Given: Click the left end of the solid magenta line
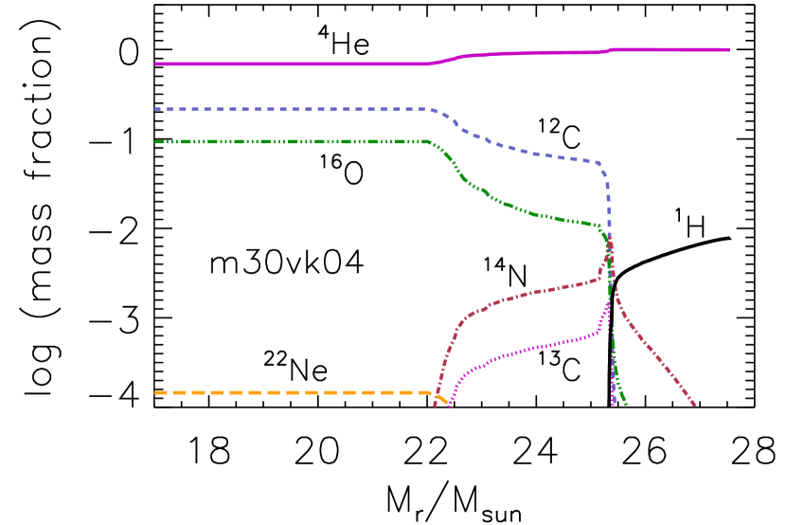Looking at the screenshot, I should (x=155, y=63).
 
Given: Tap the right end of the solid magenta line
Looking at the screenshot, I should (x=728, y=49).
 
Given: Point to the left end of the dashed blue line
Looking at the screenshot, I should (x=155, y=109).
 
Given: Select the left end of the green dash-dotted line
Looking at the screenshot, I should (x=155, y=141).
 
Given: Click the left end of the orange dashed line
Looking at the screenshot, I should (x=155, y=392).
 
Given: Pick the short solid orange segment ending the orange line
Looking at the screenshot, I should (x=441, y=398).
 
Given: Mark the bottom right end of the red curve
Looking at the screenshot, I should (x=696, y=406).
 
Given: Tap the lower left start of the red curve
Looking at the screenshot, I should (x=435, y=406).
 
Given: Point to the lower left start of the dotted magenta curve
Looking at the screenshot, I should (x=450, y=407).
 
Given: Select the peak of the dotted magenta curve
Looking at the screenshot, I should (x=607, y=304).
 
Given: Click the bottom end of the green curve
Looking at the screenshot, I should (x=626, y=405).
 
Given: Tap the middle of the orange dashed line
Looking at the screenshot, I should (x=294, y=392).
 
